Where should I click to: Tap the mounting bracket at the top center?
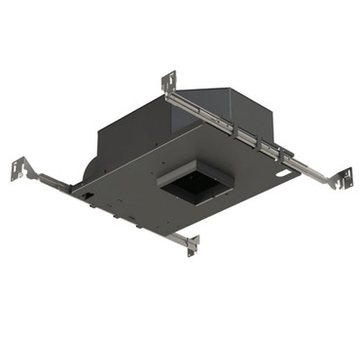pos(169,82)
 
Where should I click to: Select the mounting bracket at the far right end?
pos(342,179)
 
